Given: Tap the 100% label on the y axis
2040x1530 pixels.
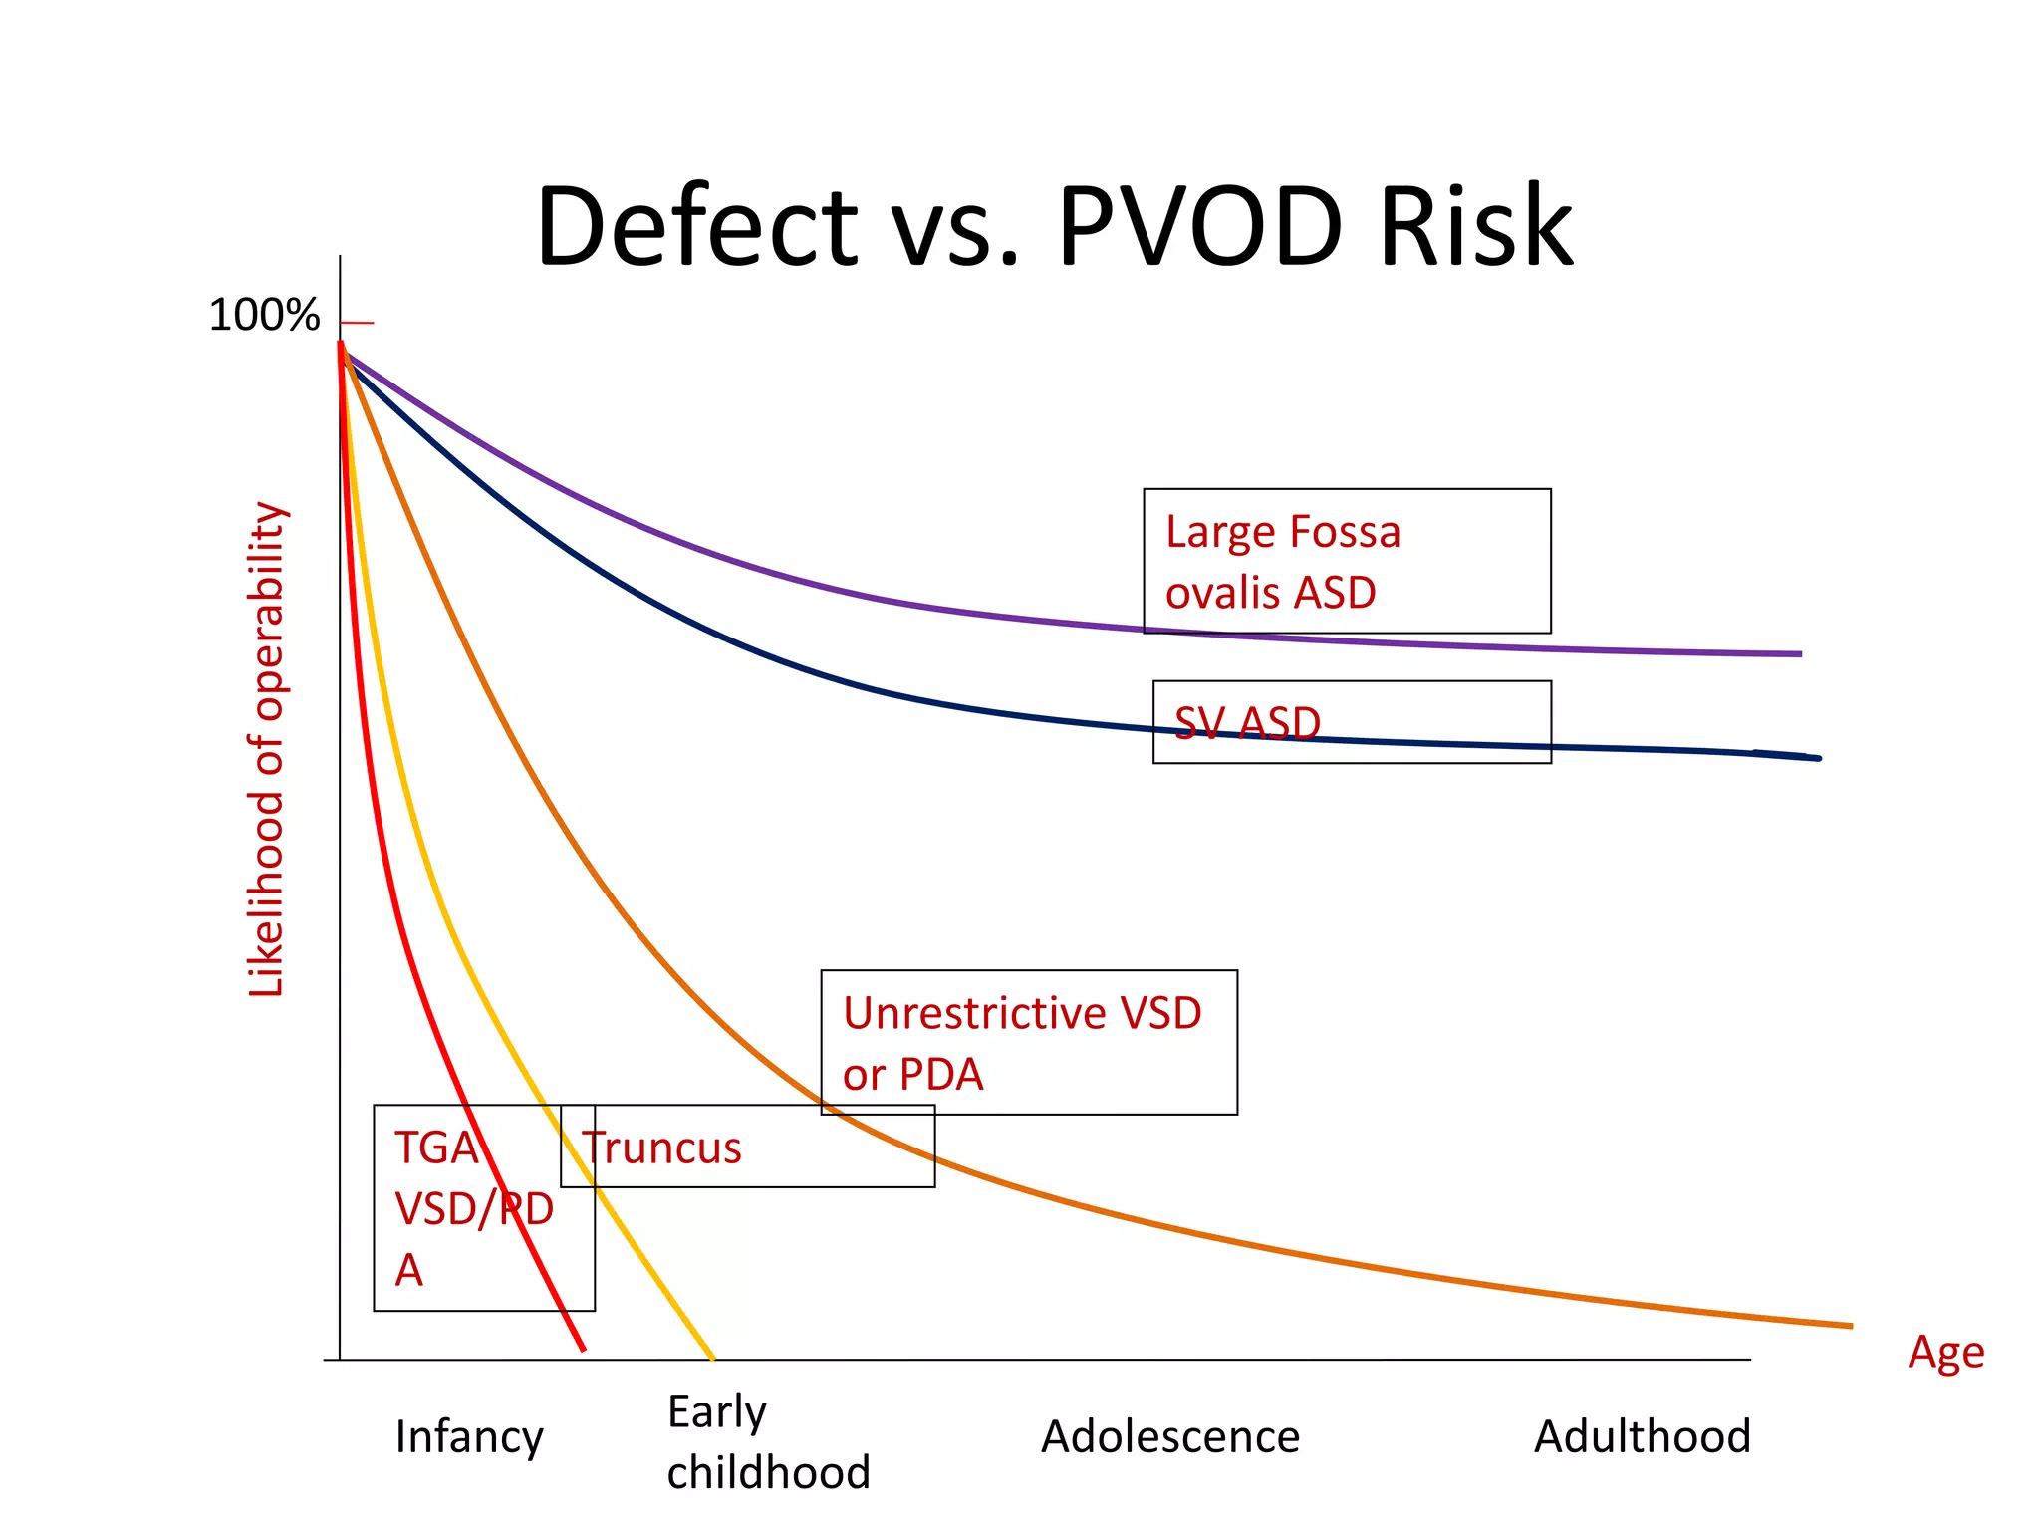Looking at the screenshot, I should point(264,316).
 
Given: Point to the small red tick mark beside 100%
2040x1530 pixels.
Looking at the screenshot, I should point(357,323).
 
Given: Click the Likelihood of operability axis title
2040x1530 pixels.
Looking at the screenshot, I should point(267,749).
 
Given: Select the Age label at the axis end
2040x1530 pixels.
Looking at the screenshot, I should point(1945,1353).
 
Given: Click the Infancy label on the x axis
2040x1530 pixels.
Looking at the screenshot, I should point(469,1437).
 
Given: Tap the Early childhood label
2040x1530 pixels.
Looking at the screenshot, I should point(767,1441).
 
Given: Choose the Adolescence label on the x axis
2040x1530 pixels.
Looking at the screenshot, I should point(1170,1437).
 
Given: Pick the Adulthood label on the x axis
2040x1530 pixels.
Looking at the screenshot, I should point(1642,1437).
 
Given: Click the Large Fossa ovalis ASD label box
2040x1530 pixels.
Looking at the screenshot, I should point(1346,561).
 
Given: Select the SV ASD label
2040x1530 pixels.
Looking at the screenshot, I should point(1247,723).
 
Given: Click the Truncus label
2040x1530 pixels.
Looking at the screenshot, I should point(662,1147).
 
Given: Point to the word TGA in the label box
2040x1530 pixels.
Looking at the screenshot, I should point(435,1147).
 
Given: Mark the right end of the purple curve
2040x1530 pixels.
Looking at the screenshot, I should point(1799,654).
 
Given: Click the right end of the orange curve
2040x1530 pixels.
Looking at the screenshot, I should point(1850,1326).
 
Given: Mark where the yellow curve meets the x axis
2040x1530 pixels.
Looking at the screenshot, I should point(712,1358).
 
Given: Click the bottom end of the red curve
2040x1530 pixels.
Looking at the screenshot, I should point(583,1349).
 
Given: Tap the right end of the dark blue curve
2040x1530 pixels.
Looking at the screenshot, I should point(1817,758).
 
